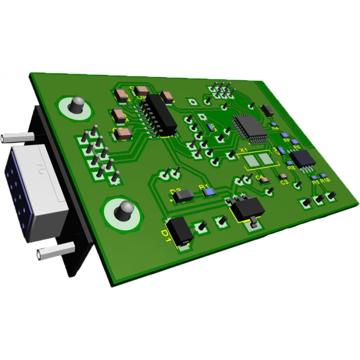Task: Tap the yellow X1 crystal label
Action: (244, 150)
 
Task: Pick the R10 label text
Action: (325, 180)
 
